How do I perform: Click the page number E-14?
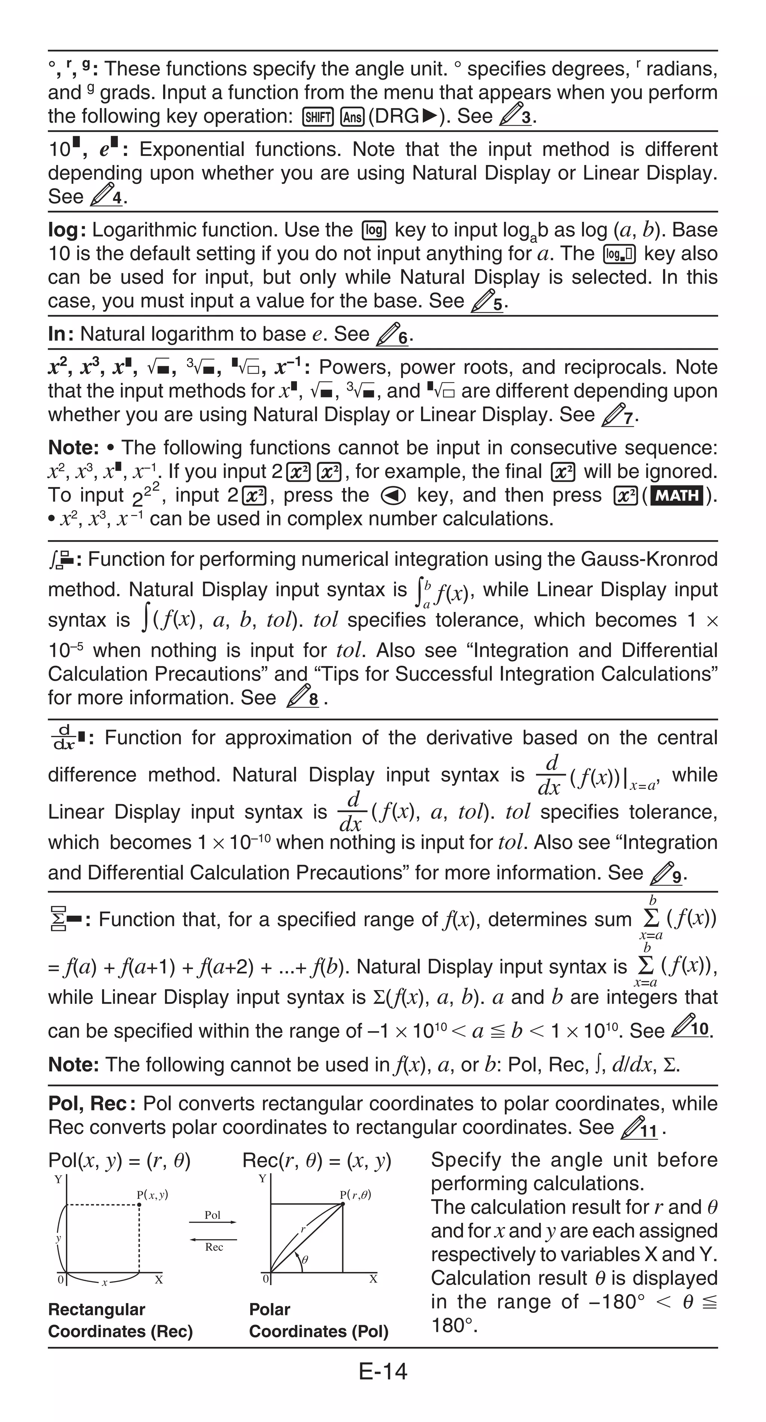tap(383, 1371)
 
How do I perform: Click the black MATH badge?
tap(677, 495)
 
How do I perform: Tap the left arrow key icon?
tap(393, 496)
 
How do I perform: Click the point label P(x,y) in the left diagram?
tap(152, 1195)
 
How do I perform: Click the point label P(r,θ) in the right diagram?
tap(355, 1195)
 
